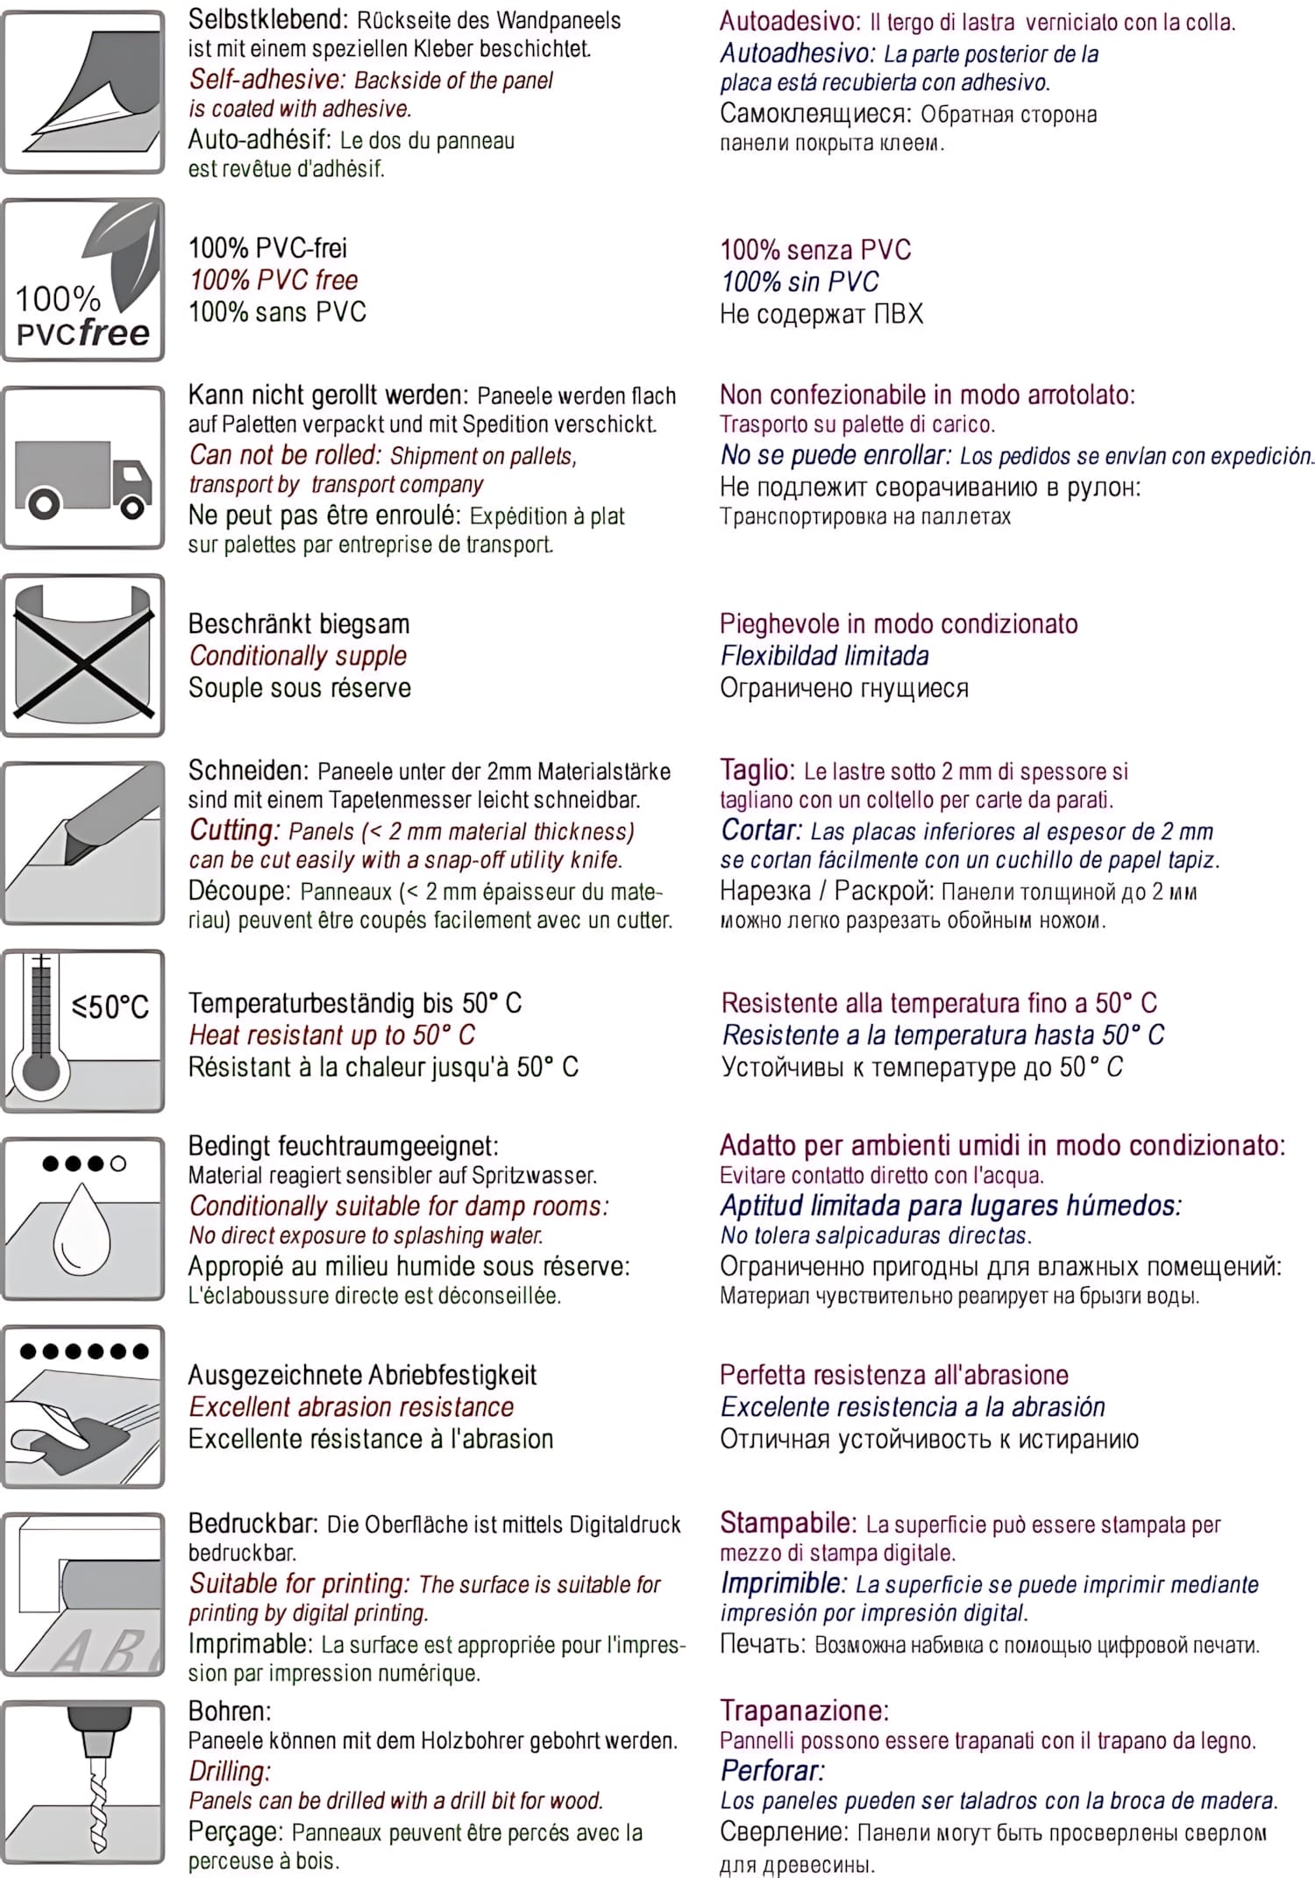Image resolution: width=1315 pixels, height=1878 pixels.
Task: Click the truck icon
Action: (82, 478)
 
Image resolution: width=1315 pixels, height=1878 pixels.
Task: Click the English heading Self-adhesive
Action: (267, 80)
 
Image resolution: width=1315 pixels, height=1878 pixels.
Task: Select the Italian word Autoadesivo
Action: (791, 21)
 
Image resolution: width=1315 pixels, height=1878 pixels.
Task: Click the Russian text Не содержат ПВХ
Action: (821, 314)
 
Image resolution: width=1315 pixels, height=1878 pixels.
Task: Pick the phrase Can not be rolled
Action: (285, 455)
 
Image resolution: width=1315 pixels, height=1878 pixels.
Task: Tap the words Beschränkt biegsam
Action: (299, 624)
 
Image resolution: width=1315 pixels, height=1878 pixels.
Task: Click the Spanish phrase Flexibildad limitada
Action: (824, 656)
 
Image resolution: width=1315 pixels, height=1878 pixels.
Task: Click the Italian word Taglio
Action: (757, 770)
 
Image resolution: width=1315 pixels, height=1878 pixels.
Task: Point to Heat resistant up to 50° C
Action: (331, 1035)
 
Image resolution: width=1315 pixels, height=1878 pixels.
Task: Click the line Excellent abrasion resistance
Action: (352, 1407)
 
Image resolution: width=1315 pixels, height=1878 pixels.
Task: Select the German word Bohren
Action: (230, 1711)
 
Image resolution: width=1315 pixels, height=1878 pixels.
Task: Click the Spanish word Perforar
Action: (772, 1770)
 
